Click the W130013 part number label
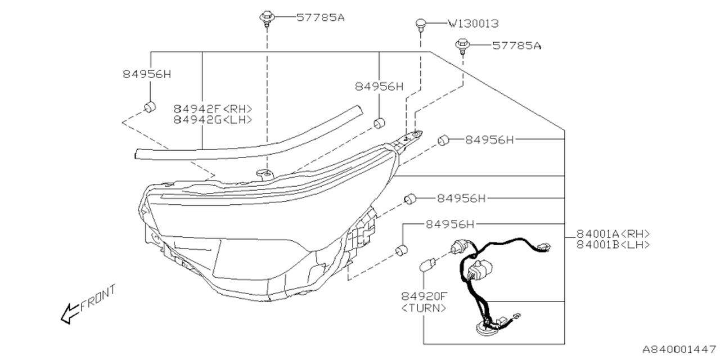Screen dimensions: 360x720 (x=473, y=24)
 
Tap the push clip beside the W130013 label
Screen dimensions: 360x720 (x=420, y=24)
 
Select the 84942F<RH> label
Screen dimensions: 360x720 (x=213, y=109)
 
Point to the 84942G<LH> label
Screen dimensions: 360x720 (x=213, y=120)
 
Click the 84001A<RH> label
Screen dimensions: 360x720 (x=613, y=233)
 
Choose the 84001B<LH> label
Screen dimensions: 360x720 (x=613, y=245)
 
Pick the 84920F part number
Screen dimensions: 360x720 (x=425, y=296)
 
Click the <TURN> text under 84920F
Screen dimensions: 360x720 (x=425, y=308)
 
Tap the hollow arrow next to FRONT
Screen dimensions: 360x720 (x=69, y=313)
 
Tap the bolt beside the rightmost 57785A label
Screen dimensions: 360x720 (x=463, y=44)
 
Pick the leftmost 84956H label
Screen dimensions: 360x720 (x=146, y=74)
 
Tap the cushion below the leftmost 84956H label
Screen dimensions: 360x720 (x=150, y=106)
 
